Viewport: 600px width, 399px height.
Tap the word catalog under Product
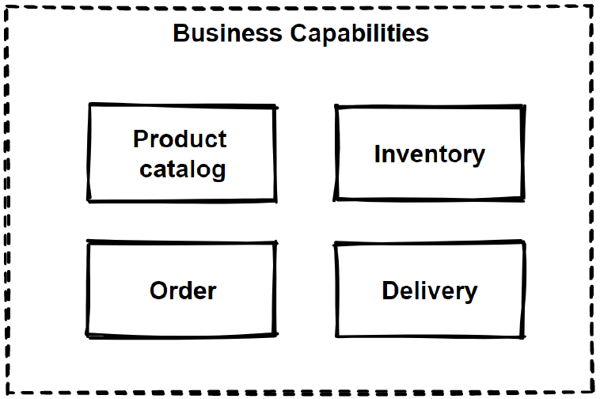182,169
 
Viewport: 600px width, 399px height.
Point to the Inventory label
429,154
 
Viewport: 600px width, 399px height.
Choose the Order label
183,291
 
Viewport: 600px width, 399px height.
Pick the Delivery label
429,291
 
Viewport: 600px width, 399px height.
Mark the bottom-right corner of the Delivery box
523,336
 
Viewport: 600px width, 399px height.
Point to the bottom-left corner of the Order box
88,335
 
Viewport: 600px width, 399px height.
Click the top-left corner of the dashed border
6,7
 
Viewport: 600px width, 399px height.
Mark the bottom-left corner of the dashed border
6,393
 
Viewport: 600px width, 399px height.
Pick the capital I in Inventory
378,154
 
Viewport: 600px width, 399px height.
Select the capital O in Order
158,291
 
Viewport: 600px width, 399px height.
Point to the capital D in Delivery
389,291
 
